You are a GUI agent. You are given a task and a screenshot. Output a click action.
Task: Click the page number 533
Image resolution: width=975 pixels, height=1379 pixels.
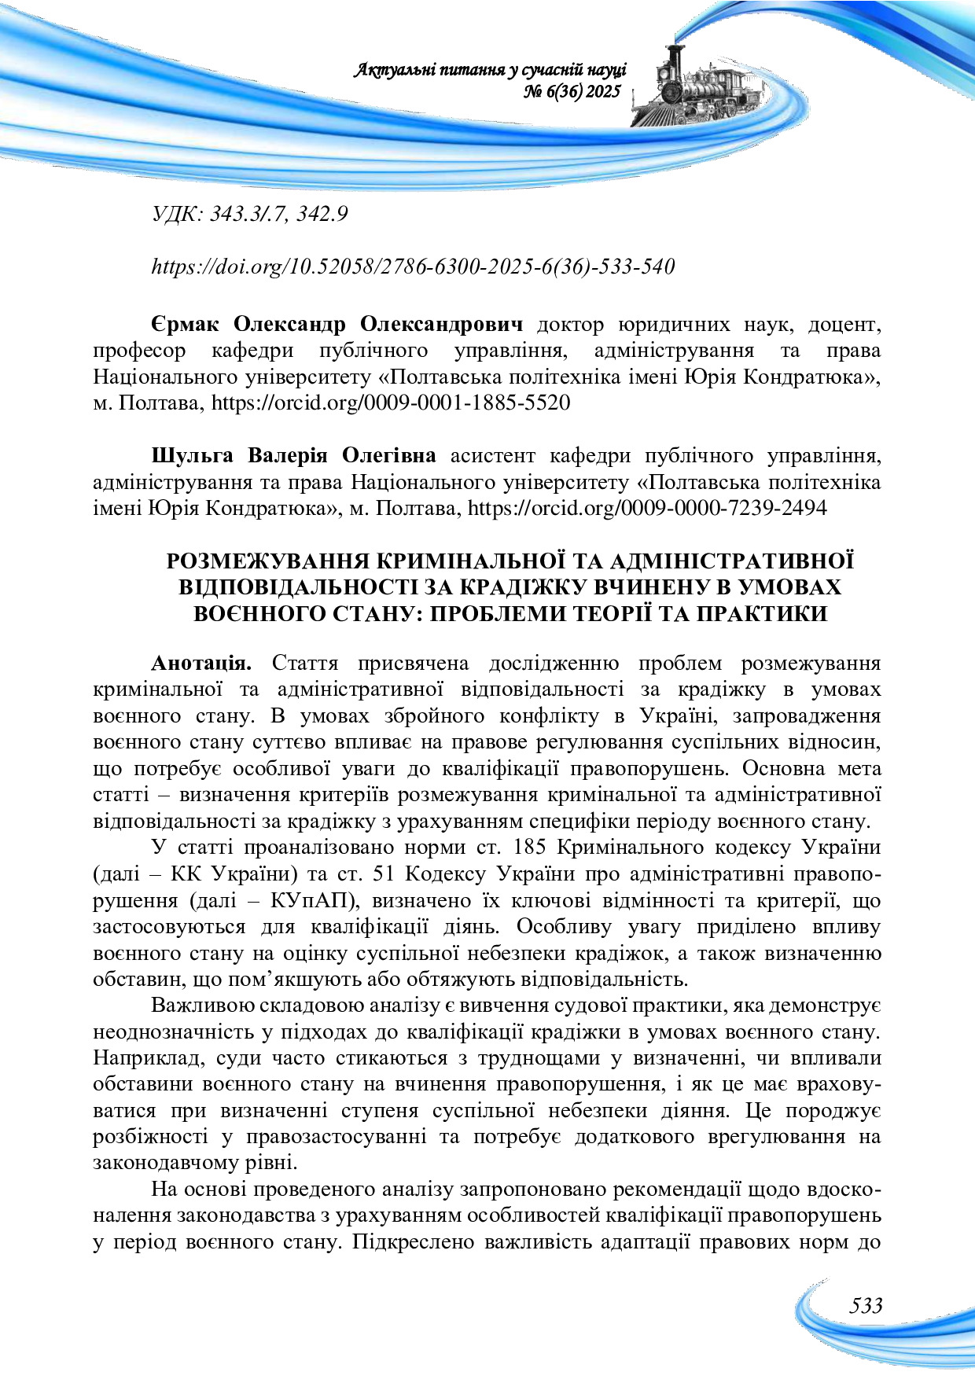tap(866, 1306)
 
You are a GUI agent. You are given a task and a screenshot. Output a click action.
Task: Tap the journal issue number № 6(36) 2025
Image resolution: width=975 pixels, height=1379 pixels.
tap(572, 92)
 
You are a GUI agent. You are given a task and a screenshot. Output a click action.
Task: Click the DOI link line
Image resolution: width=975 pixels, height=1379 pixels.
tap(413, 267)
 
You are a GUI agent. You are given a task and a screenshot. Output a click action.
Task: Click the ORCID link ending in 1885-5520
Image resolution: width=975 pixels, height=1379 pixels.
tap(391, 403)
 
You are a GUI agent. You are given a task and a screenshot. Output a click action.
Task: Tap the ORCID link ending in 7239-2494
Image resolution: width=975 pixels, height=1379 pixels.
tap(647, 508)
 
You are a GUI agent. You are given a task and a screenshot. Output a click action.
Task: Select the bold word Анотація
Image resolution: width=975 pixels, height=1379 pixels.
tap(201, 663)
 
